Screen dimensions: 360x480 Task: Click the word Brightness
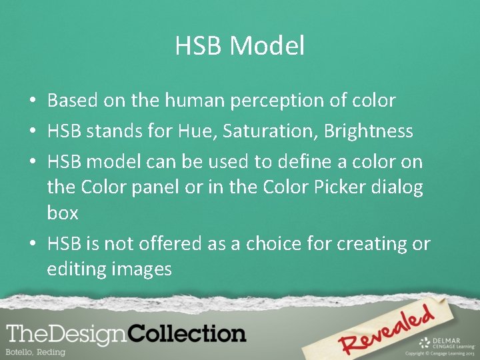click(368, 131)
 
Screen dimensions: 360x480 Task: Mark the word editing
click(73, 270)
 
